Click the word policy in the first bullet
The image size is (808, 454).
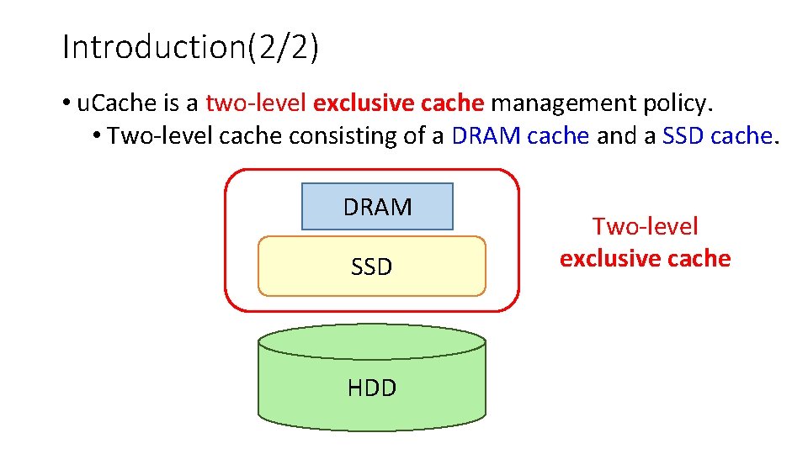[x=683, y=104]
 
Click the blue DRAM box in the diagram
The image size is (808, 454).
[x=377, y=207]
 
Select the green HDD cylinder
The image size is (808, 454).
[x=372, y=395]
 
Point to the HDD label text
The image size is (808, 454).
[x=372, y=388]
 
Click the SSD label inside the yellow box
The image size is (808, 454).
[x=372, y=267]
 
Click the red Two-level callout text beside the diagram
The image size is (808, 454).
[x=646, y=226]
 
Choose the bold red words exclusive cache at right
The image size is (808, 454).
[x=646, y=258]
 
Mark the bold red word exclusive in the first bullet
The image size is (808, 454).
[x=357, y=104]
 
